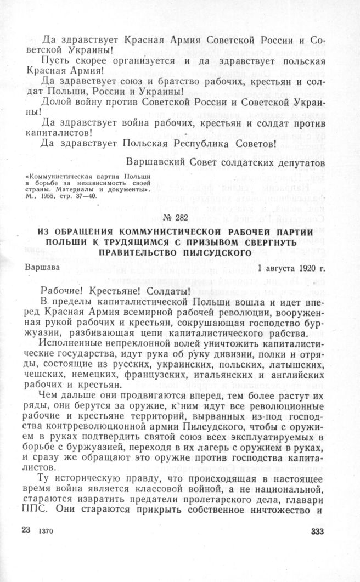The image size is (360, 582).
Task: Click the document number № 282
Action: coord(180,218)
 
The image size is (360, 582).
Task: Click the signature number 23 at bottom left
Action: coord(25,530)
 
